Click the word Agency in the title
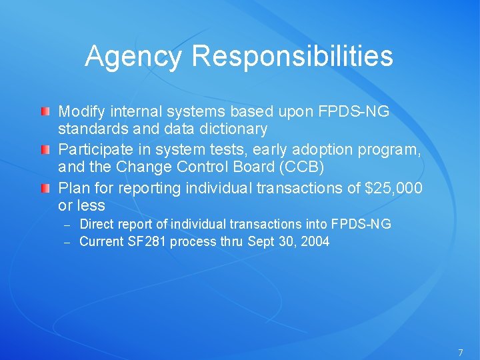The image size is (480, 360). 133,57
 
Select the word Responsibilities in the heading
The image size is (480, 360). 292,57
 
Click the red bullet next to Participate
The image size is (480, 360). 45,150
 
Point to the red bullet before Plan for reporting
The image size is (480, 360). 45,189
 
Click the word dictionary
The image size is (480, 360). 232,128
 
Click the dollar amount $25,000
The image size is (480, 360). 393,189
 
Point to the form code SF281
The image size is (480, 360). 148,241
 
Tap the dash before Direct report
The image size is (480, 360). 67,225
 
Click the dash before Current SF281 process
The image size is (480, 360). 67,242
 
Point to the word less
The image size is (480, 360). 91,206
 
